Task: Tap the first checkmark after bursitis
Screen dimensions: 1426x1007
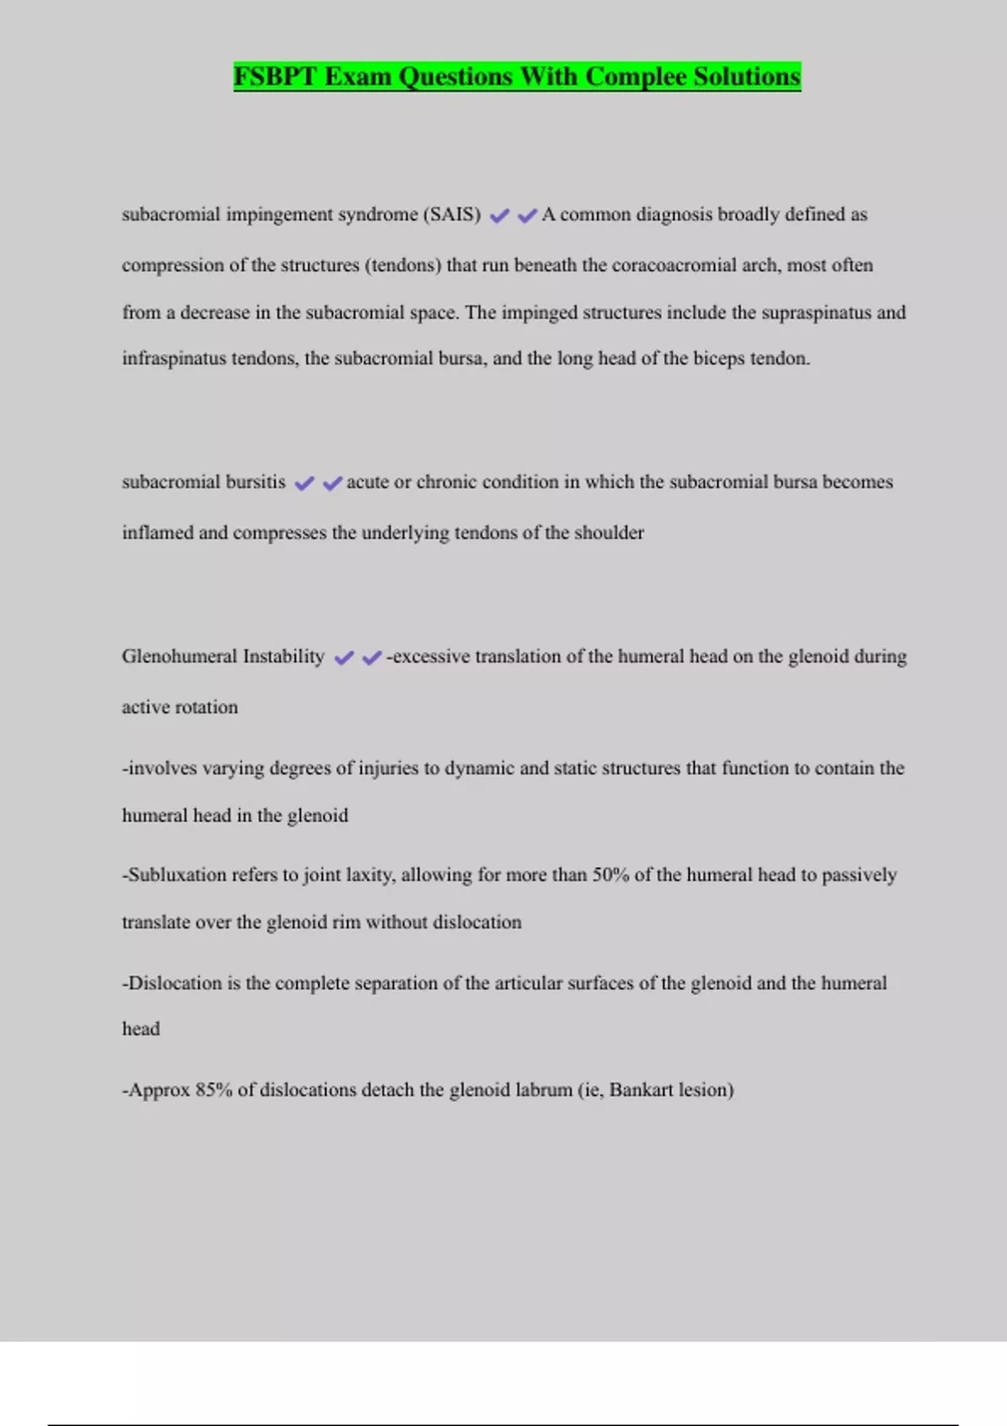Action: (304, 483)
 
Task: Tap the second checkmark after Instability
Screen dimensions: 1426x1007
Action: (372, 658)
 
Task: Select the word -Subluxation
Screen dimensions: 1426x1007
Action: (174, 875)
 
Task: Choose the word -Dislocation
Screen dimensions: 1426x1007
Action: (171, 983)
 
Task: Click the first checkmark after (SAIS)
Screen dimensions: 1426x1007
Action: (499, 216)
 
